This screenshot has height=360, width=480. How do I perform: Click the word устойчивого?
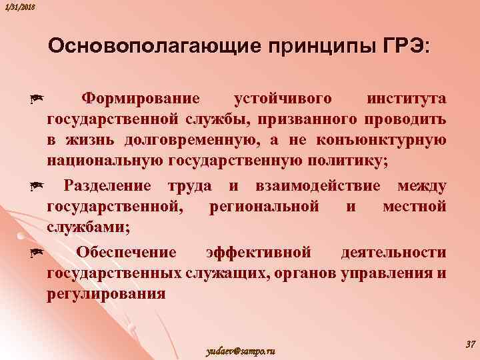283,99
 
